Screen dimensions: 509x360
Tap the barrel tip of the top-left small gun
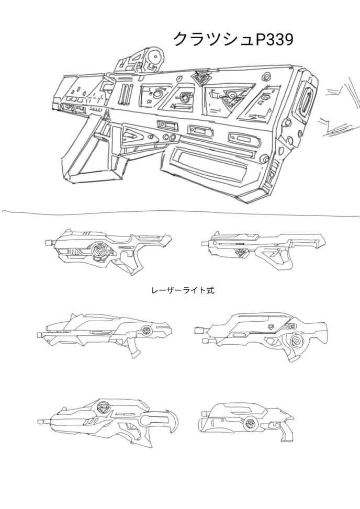[x=50, y=243]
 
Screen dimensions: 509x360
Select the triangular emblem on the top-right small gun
[x=242, y=253]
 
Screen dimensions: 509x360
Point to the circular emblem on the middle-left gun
[x=146, y=330]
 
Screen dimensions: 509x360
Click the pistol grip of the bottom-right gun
[x=287, y=434]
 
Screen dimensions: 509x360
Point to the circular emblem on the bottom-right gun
[x=249, y=424]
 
